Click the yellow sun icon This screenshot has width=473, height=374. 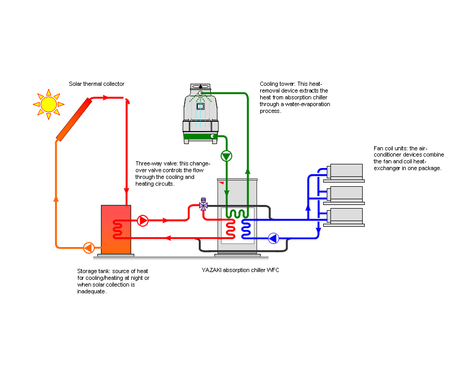[x=48, y=104]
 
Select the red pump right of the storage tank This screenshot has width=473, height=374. [x=143, y=221]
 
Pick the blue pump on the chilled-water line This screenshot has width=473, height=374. [x=273, y=238]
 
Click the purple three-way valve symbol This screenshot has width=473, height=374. [x=203, y=205]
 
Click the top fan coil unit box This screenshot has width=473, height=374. [x=346, y=172]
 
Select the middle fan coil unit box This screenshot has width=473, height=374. [x=346, y=194]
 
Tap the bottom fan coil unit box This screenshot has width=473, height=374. [x=346, y=216]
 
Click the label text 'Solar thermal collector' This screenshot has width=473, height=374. [x=97, y=84]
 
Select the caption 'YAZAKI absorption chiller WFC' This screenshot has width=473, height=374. [x=240, y=270]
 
